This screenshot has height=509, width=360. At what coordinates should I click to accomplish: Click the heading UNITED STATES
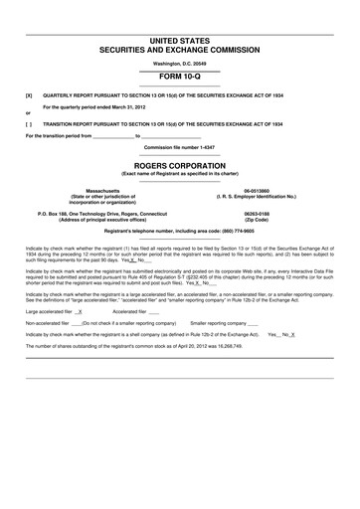pyautogui.click(x=179, y=41)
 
